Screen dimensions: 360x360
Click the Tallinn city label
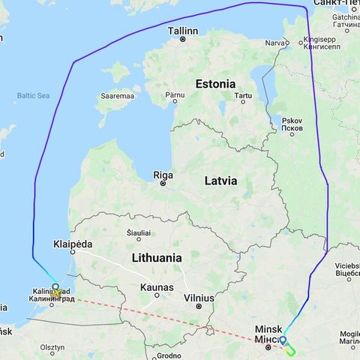click(183, 31)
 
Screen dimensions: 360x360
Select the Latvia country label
click(220, 181)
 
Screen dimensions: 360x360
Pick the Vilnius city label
click(199, 298)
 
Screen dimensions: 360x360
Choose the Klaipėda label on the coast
click(73, 244)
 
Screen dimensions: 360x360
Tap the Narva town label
click(275, 43)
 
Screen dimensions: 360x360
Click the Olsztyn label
click(52, 348)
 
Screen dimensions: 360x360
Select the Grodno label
click(169, 355)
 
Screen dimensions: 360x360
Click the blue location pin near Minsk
click(282, 340)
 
